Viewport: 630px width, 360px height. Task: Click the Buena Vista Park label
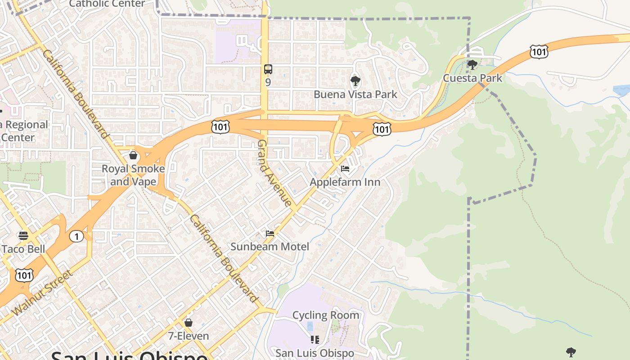point(355,94)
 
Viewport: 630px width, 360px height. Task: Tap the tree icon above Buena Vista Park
point(355,81)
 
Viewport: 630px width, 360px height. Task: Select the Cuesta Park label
point(472,78)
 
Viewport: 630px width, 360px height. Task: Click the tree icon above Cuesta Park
point(472,65)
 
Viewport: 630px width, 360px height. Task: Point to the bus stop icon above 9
point(268,69)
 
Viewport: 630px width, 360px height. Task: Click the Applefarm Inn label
point(345,182)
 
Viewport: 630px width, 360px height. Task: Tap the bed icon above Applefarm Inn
point(345,169)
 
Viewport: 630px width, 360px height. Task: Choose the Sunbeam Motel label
point(270,246)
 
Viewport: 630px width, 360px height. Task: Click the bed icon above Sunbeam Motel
point(270,233)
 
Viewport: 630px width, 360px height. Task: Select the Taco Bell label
point(23,249)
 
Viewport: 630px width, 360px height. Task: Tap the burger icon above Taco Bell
point(23,236)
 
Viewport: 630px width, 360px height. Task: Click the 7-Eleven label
point(189,336)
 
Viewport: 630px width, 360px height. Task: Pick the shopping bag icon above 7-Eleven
point(189,323)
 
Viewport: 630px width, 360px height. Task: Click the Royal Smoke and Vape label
point(133,175)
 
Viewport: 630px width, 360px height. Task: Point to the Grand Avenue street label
point(274,173)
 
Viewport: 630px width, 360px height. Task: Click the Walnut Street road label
point(43,292)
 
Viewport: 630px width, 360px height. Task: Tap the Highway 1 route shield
point(76,236)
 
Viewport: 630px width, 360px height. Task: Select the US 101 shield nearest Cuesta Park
point(539,52)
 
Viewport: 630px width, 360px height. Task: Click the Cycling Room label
point(326,315)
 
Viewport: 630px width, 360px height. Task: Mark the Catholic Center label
point(107,4)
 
